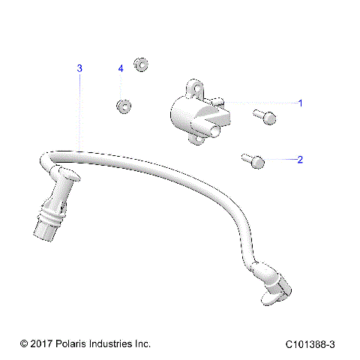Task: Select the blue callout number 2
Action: click(x=301, y=159)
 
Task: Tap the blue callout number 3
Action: click(x=80, y=68)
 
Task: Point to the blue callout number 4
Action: click(x=120, y=68)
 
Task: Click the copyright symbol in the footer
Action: click(x=24, y=343)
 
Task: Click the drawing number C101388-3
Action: click(x=310, y=343)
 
